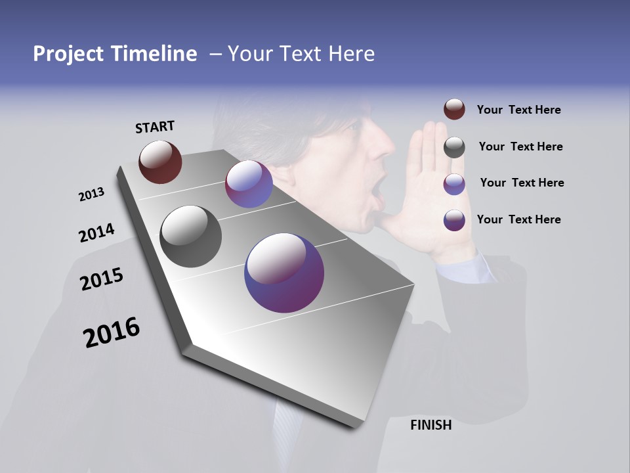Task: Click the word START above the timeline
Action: (155, 127)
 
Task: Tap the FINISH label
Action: (430, 425)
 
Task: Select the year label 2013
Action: (91, 194)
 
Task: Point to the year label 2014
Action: (96, 233)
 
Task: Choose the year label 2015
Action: (102, 279)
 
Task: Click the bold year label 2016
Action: (112, 332)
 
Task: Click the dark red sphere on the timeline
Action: (160, 162)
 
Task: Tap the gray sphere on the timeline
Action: (191, 236)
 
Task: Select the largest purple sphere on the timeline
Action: (284, 273)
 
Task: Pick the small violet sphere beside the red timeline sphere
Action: (249, 184)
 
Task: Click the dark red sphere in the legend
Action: (454, 110)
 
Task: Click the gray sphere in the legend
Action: (454, 147)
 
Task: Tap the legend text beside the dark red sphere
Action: (518, 110)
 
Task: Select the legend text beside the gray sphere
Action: (520, 146)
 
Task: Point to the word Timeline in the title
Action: (156, 54)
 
